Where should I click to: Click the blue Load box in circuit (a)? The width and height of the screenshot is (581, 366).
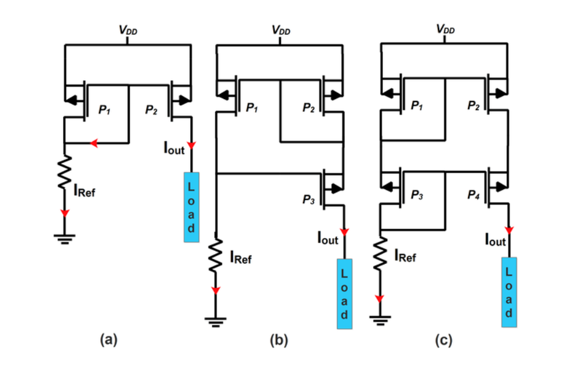pyautogui.click(x=190, y=206)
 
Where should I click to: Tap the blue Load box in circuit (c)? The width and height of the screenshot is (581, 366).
pyautogui.click(x=509, y=293)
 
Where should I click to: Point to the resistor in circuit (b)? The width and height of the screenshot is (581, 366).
pyautogui.click(x=216, y=256)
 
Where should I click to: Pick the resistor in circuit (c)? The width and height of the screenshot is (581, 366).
pyautogui.click(x=380, y=255)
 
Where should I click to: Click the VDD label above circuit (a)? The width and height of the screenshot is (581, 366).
pyautogui.click(x=128, y=30)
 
